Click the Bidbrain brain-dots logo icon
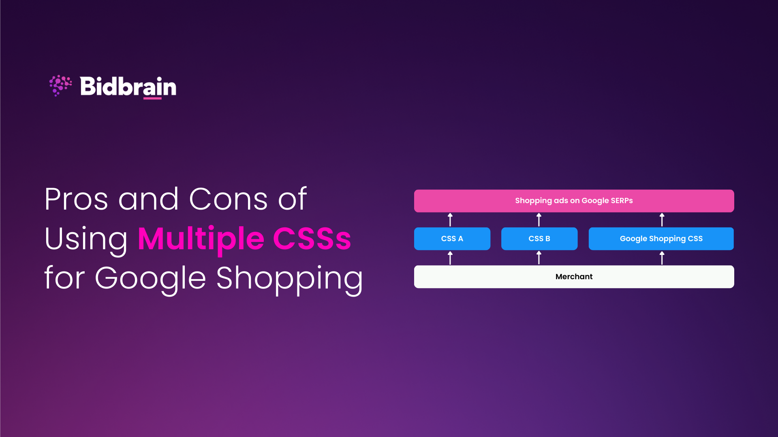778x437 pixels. click(60, 85)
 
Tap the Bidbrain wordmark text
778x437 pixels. click(128, 86)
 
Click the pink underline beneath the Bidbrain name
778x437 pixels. click(152, 98)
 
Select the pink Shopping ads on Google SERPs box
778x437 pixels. click(574, 201)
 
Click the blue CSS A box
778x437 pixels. click(452, 239)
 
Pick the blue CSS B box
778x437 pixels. click(539, 239)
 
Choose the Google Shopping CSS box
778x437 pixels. click(661, 239)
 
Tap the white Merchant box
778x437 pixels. click(574, 277)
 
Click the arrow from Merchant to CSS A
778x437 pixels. click(450, 258)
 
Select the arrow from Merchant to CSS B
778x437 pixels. click(539, 258)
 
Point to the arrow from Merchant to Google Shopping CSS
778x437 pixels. click(662, 258)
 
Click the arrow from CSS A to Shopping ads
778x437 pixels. click(450, 220)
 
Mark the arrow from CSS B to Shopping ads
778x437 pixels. click(539, 220)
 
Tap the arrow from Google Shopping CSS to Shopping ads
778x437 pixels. click(662, 220)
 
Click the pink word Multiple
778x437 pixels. click(201, 239)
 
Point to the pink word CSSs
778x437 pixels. click(312, 239)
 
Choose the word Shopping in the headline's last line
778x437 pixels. click(289, 279)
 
